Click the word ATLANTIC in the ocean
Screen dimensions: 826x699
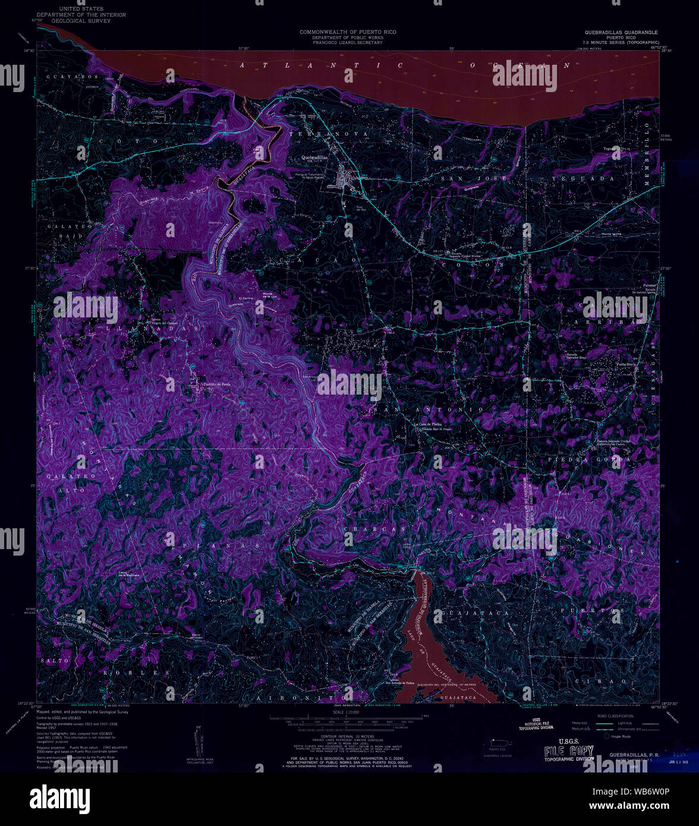(x=322, y=65)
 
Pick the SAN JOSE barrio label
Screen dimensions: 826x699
(x=473, y=178)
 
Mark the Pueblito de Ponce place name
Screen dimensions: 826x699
(x=216, y=384)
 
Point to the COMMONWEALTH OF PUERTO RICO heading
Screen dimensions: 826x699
(x=348, y=31)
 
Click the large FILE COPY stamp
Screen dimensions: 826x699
(x=568, y=751)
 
